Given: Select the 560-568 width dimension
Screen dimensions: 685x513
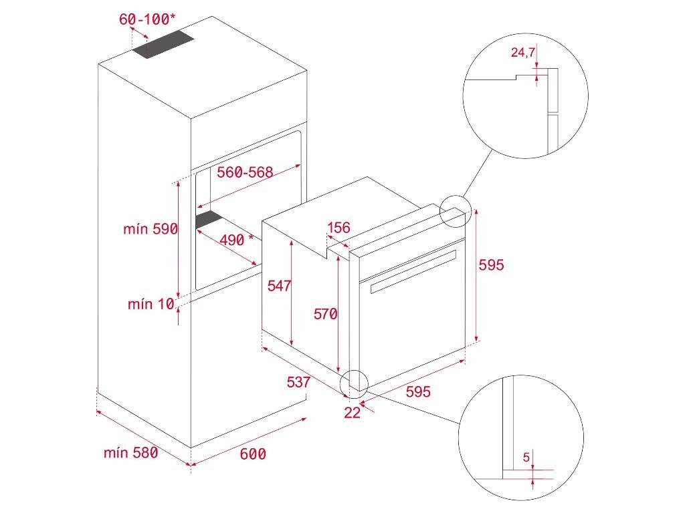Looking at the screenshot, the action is point(245,172).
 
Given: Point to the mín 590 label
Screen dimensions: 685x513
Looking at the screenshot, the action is point(151,229).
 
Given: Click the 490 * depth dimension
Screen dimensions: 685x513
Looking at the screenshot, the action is point(237,240).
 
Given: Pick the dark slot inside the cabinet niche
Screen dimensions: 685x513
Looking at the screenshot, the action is point(209,220).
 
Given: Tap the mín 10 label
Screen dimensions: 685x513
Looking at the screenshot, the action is point(151,305).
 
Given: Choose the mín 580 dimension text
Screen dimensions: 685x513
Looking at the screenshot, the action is point(131,453).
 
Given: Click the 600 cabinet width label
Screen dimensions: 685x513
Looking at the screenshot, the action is point(253,454).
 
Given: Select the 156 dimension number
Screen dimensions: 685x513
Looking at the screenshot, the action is point(338,228).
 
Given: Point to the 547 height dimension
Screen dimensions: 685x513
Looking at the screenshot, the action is point(278,286).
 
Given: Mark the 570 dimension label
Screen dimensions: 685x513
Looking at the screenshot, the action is point(325,314).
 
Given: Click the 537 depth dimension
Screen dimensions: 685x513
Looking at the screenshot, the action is point(298,382).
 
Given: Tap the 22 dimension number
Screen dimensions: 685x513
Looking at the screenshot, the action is point(352,413).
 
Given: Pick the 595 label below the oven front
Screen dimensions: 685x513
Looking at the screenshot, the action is point(418,392).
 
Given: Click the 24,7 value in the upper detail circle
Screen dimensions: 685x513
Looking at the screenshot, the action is point(522,53).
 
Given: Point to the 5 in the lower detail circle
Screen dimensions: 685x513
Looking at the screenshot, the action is point(526,458).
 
